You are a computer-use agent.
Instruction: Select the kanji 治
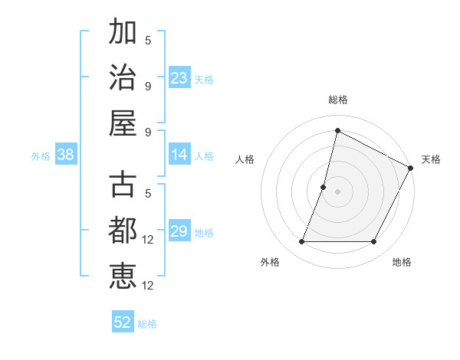[x=123, y=77]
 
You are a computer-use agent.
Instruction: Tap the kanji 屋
[x=123, y=123]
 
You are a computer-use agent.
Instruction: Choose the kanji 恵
[x=123, y=275]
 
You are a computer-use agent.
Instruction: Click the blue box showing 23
[x=179, y=77]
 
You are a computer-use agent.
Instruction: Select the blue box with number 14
[x=179, y=155]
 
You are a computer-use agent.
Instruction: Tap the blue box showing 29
[x=179, y=231]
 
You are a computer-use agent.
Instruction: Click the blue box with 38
[x=66, y=155]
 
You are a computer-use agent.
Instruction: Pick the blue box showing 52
[x=123, y=322]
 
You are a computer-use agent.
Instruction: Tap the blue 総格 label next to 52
[x=147, y=324]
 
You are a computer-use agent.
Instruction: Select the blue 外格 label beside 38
[x=41, y=156]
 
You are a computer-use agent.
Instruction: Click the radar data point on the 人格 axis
[x=324, y=187]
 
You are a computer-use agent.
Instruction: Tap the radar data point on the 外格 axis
[x=301, y=242]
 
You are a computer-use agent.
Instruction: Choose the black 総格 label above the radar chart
[x=338, y=100]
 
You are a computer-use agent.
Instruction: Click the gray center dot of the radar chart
[x=337, y=191]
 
